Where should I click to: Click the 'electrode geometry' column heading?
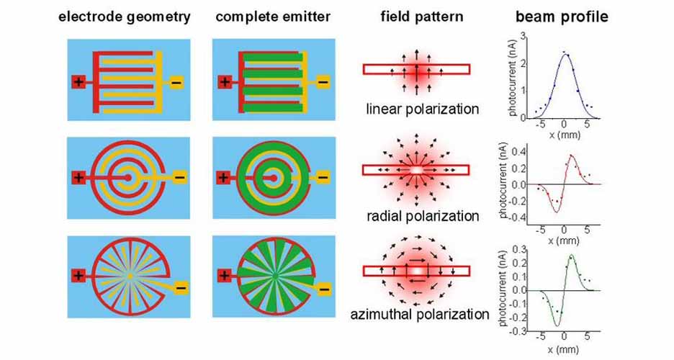coord(127,17)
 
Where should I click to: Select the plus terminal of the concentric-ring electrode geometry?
coord(79,177)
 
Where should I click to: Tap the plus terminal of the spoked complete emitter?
coord(225,275)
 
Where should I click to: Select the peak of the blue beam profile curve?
coord(566,54)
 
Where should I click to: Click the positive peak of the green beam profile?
coord(572,256)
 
